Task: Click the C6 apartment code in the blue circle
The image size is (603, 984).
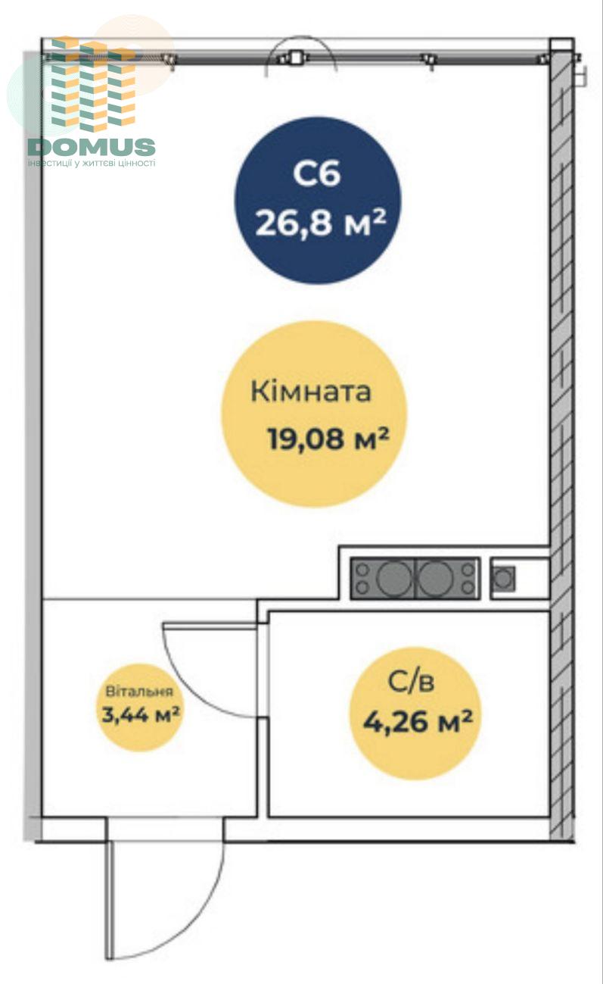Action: (x=317, y=173)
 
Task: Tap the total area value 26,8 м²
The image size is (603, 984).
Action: (x=321, y=222)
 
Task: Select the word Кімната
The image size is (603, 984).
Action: (x=311, y=391)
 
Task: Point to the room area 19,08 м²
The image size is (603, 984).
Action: (x=328, y=438)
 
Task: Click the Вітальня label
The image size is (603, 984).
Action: (x=139, y=691)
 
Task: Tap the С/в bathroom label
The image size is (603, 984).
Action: (x=412, y=682)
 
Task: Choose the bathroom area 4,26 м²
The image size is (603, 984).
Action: (x=418, y=721)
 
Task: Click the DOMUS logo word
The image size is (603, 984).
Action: (x=92, y=147)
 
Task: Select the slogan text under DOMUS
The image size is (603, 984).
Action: (x=92, y=164)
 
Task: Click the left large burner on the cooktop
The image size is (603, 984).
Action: (x=394, y=578)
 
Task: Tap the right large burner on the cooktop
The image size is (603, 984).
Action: (x=435, y=578)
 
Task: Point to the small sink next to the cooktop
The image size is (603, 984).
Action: (x=503, y=579)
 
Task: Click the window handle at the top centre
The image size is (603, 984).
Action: (x=297, y=58)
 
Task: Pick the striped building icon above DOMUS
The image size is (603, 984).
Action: (x=93, y=84)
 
